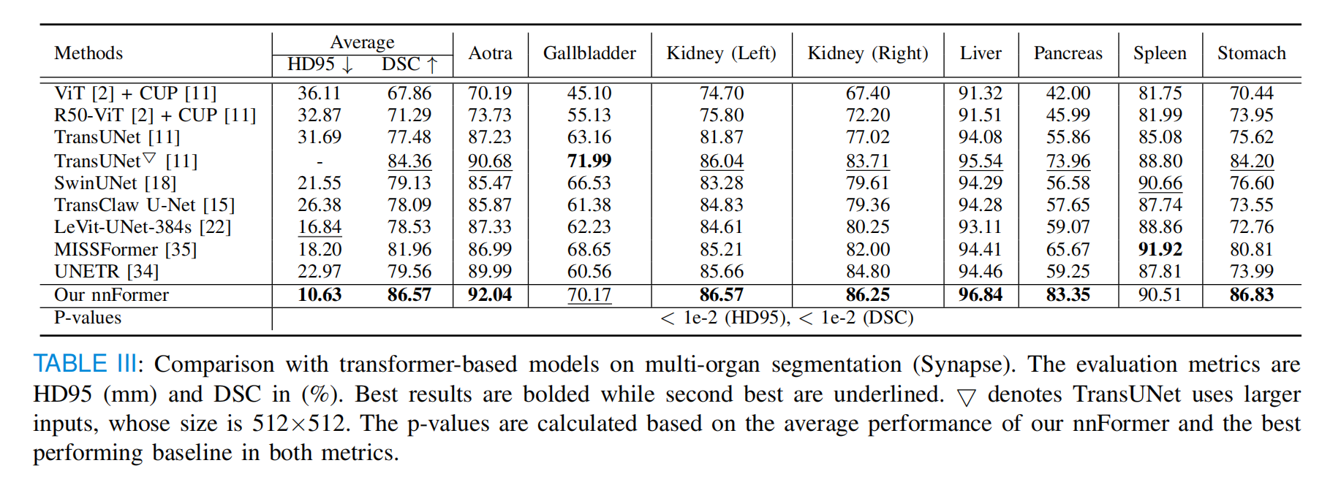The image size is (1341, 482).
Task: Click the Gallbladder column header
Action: point(589,53)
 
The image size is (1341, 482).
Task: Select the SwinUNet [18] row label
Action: point(115,183)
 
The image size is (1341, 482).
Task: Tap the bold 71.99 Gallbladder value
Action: point(589,161)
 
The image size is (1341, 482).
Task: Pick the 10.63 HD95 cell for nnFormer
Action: point(320,295)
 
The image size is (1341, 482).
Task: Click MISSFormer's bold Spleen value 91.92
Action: point(1160,250)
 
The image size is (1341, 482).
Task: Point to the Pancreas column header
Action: point(1068,53)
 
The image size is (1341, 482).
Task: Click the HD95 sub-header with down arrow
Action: point(320,65)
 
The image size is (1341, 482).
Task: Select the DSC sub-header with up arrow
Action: point(409,65)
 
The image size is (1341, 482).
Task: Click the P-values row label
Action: point(88,318)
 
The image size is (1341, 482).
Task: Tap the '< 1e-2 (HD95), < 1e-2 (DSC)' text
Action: point(786,318)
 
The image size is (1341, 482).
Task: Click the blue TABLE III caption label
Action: point(85,364)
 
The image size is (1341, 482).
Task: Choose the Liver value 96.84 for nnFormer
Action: point(981,295)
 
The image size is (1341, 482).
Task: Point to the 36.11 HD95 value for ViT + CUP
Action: point(320,93)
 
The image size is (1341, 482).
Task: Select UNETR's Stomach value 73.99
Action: point(1251,272)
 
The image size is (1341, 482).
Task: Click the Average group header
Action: point(362,42)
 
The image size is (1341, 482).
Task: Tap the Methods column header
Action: point(88,53)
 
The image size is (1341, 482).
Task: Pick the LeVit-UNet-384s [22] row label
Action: point(143,227)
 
